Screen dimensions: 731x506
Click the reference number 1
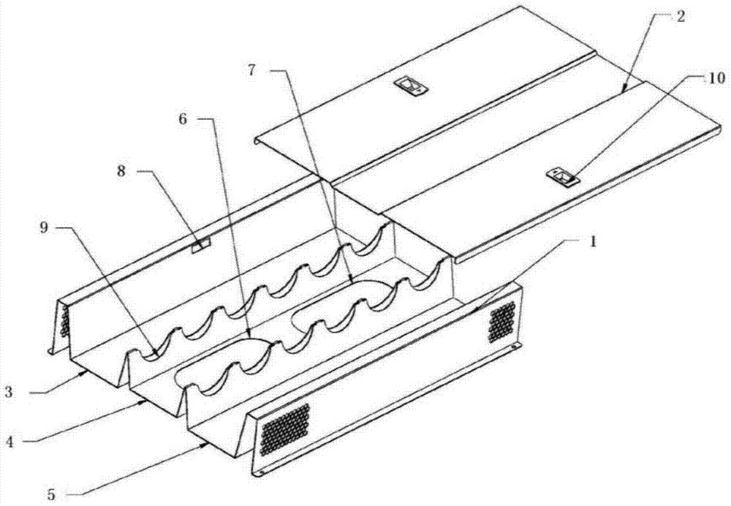click(x=593, y=243)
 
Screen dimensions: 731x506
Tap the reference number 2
click(x=681, y=18)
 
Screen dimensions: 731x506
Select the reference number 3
click(x=8, y=392)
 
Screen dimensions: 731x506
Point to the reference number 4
click(x=10, y=441)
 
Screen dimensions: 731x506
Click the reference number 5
click(x=52, y=494)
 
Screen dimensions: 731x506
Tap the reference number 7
click(x=251, y=70)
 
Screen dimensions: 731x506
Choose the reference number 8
click(x=121, y=171)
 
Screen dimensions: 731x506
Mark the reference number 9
click(x=45, y=228)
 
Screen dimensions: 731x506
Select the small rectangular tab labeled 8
click(x=201, y=245)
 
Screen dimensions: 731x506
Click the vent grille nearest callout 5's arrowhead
click(x=285, y=428)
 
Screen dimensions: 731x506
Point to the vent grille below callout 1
click(x=502, y=322)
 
